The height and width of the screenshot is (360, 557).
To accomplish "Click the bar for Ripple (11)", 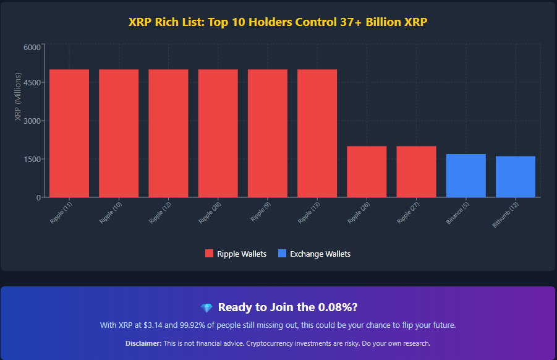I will point(69,133).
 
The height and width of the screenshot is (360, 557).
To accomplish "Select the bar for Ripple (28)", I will point(218,133).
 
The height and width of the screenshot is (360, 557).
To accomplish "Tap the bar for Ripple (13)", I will point(317,133).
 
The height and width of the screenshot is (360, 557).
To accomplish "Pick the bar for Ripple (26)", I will point(367,171).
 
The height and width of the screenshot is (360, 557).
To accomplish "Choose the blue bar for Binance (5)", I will point(466,176).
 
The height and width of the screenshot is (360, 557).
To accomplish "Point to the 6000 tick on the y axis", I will point(32,47).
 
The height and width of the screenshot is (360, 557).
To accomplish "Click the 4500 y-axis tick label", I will point(32,82).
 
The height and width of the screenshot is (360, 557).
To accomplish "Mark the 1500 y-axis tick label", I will point(32,159).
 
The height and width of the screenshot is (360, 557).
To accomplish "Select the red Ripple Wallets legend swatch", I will point(209,254).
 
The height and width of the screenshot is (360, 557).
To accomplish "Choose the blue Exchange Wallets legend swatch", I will point(283,254).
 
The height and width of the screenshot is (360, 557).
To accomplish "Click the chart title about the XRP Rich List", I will point(278,22).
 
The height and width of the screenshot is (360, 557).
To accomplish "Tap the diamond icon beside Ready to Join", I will point(206,308).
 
